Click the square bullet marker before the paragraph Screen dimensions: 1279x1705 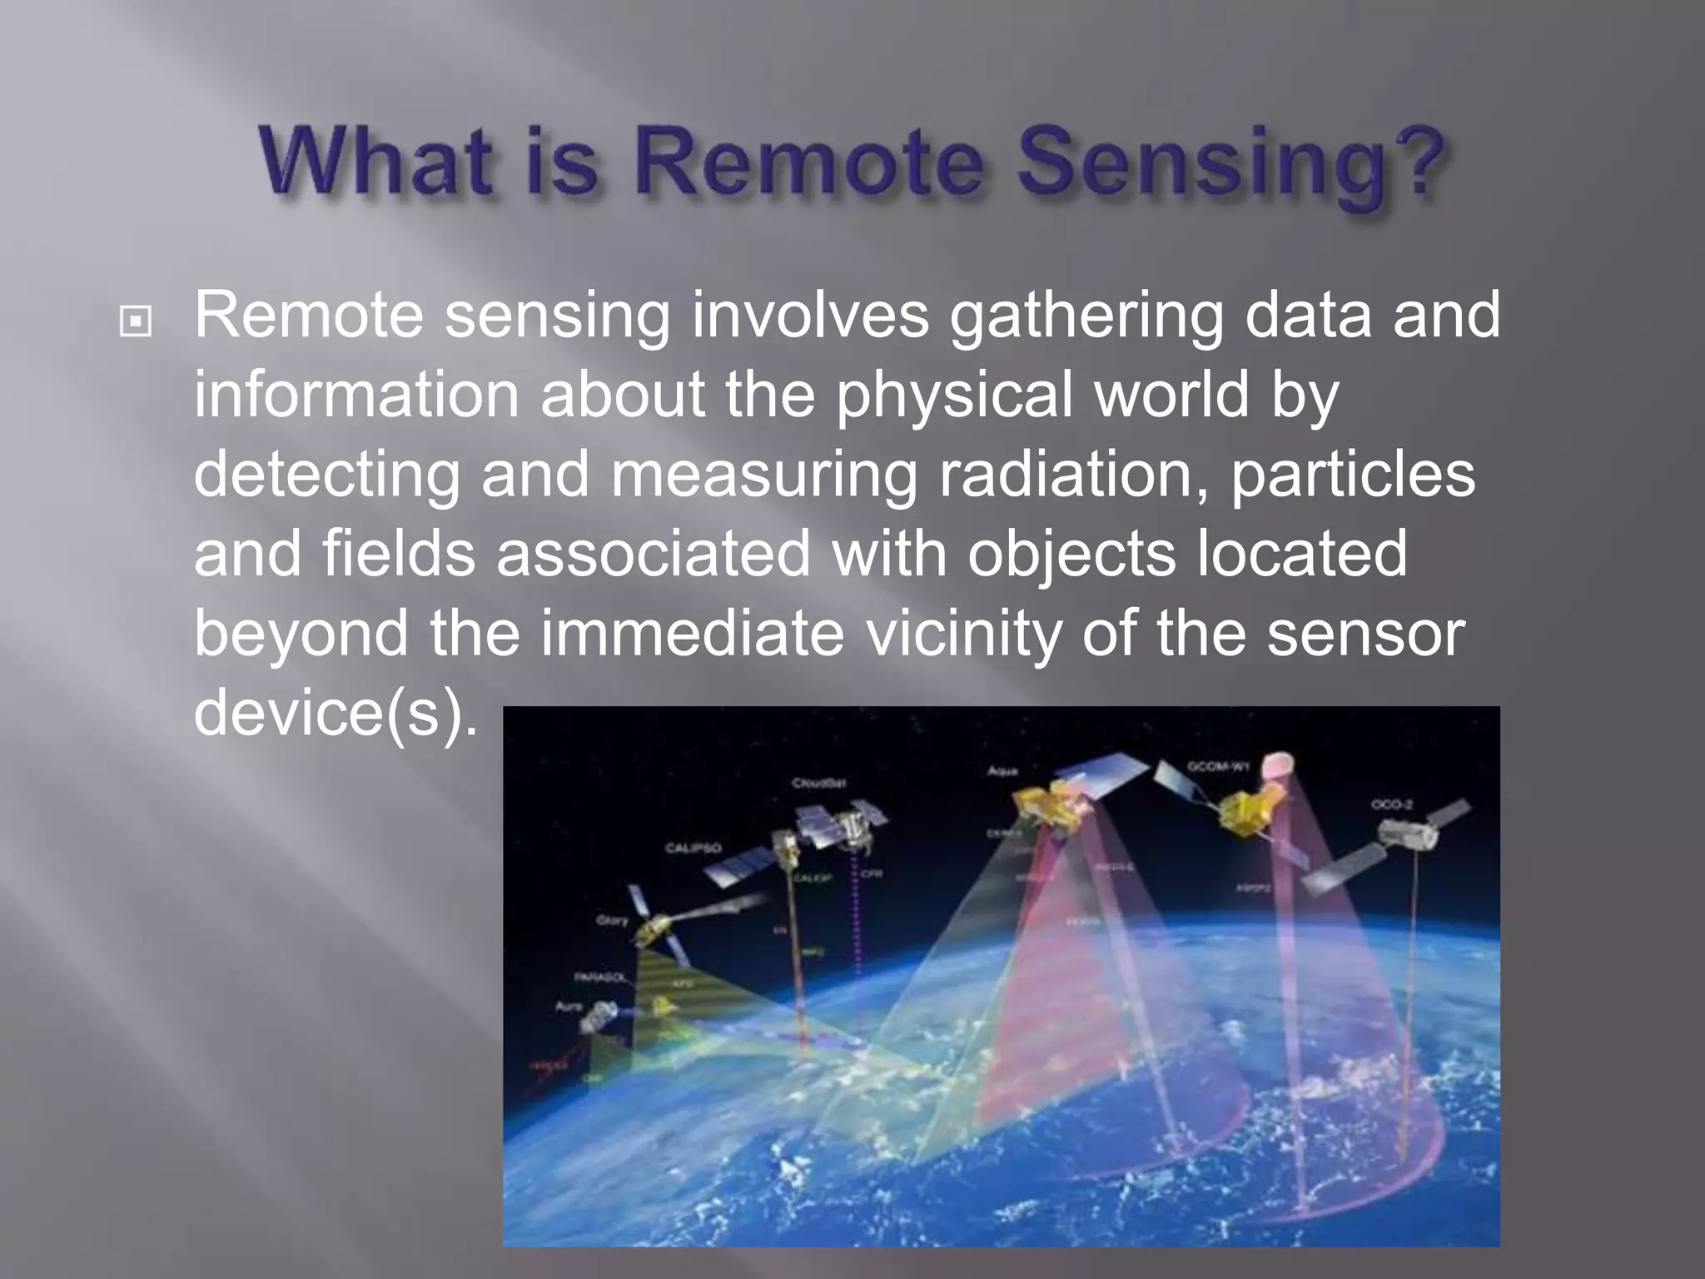click(x=136, y=321)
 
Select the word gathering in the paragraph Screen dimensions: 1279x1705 click(x=1086, y=316)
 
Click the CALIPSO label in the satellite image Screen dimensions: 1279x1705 click(x=693, y=848)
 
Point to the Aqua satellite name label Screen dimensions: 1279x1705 click(x=1002, y=771)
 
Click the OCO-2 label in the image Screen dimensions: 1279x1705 click(x=1392, y=804)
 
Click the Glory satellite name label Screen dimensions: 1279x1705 click(x=612, y=920)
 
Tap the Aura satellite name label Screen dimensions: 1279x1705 click(x=569, y=1007)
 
